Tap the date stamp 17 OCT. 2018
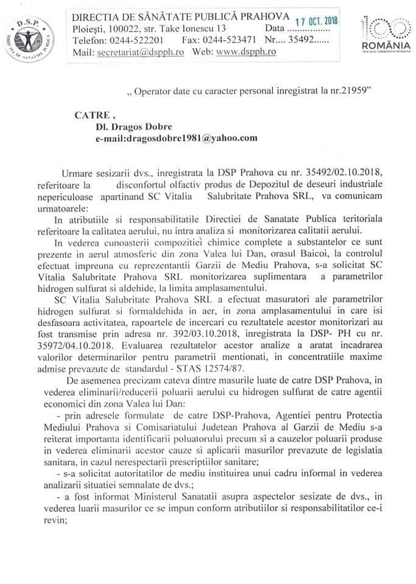pos(316,22)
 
